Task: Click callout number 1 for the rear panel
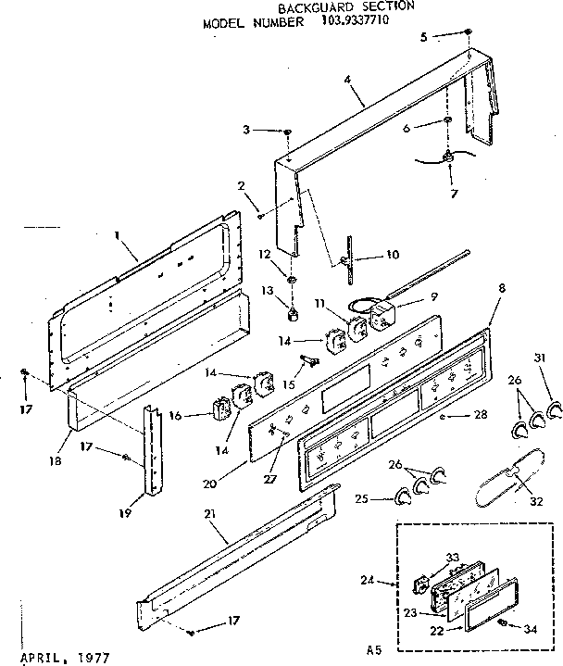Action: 118,236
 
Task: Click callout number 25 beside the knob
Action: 362,500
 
